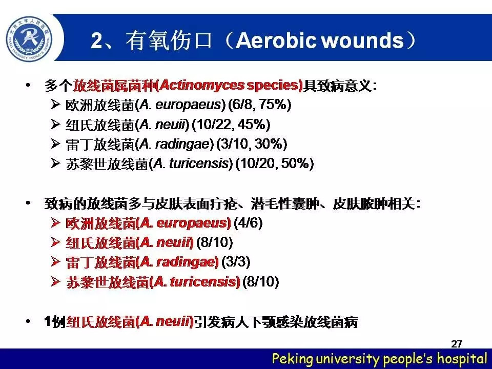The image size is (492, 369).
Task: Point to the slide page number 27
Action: click(457, 343)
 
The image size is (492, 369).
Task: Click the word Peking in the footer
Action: click(293, 358)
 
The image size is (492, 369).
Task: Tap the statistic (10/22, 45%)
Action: click(231, 125)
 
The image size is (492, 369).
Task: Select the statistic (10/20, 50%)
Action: click(275, 163)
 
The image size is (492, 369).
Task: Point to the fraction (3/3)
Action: click(236, 262)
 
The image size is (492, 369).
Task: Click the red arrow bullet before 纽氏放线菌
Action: click(55, 242)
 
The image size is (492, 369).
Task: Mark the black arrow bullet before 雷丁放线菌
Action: click(55, 143)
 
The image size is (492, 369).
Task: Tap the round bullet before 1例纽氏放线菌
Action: click(28, 321)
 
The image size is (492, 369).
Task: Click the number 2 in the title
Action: click(97, 41)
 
